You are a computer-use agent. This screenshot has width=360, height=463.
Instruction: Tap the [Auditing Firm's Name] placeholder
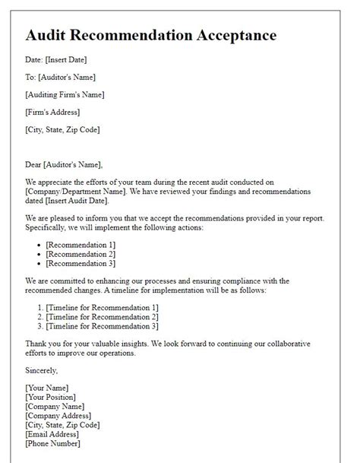tap(65, 94)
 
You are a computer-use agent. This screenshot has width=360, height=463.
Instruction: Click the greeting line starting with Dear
tap(63, 164)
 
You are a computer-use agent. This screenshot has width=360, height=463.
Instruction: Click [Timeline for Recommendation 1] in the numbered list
tap(102, 306)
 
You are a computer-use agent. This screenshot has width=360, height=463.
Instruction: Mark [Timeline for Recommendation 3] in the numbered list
tap(102, 326)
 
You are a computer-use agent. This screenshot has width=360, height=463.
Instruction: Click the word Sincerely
tap(41, 370)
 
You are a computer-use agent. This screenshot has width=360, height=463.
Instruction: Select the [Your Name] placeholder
tap(48, 388)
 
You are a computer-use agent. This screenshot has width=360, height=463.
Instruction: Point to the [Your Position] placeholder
tap(51, 397)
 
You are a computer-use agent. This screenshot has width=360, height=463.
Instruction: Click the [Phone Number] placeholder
tap(52, 443)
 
